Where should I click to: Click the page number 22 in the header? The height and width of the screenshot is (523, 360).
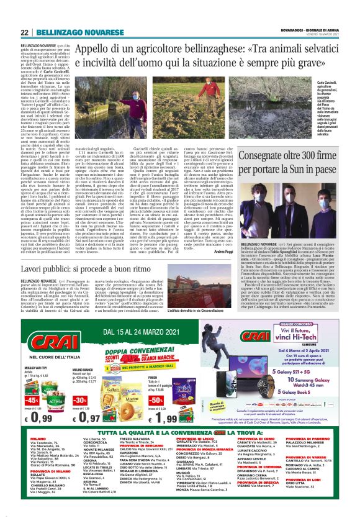[x=25, y=32]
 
